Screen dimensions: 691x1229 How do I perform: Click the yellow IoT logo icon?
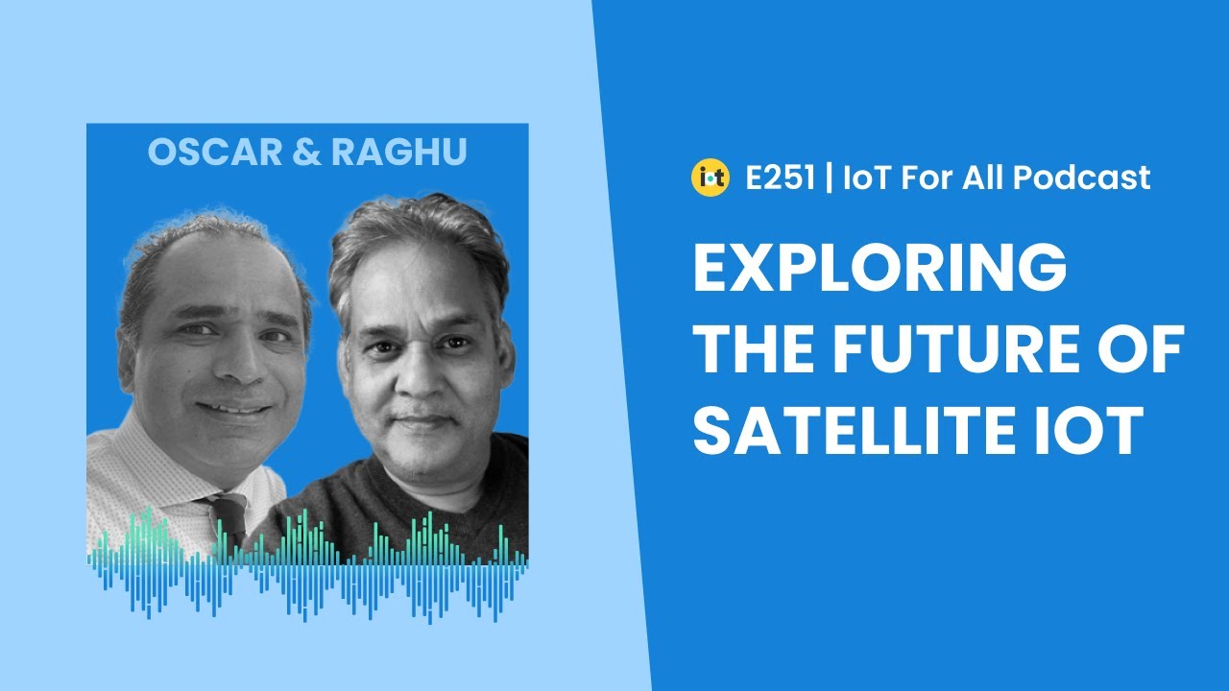710,178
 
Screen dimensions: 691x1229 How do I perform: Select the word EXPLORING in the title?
880,271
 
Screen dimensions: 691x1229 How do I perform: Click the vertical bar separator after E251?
828,178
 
